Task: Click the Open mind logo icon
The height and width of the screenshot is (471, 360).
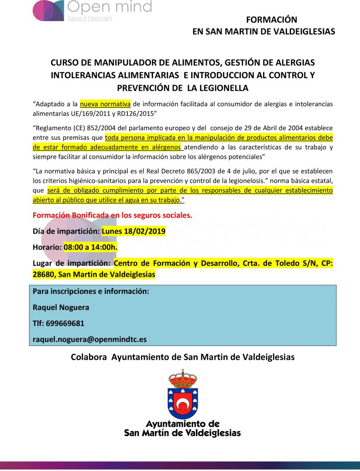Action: pos(48,10)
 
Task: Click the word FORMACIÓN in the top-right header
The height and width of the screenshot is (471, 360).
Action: pos(272,20)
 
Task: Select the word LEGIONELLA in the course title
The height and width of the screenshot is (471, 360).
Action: pos(223,87)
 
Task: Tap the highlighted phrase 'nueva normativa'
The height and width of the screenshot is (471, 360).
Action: pos(105,104)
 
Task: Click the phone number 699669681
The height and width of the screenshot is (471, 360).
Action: pos(65,323)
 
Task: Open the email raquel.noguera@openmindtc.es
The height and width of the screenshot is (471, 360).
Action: pos(90,339)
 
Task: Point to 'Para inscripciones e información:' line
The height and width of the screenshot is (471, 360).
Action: pos(91,292)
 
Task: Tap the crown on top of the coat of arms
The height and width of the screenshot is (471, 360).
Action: pos(183,379)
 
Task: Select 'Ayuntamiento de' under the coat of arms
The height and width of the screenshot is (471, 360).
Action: pos(183,424)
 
